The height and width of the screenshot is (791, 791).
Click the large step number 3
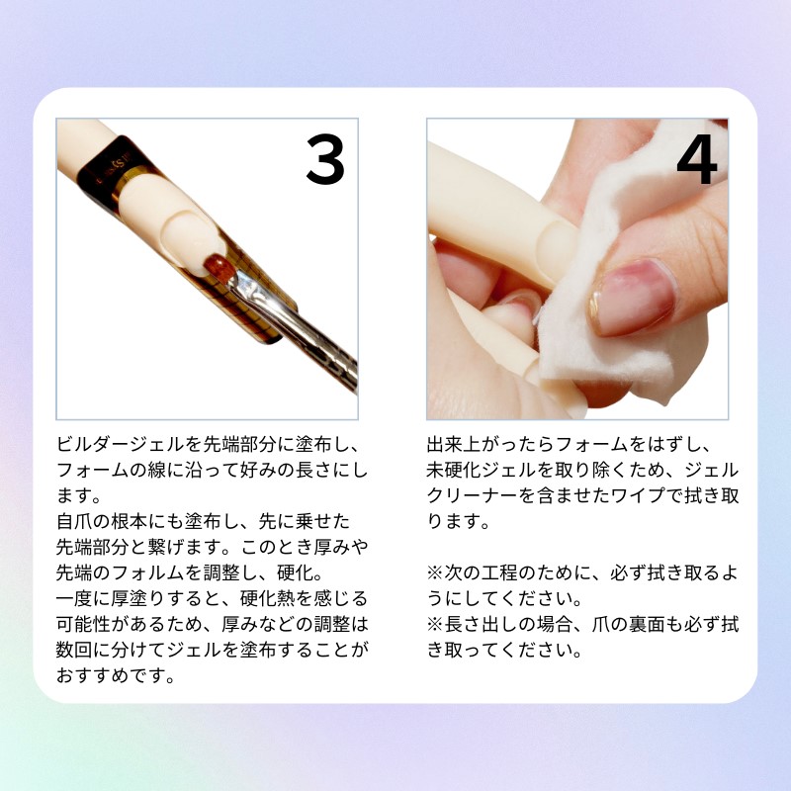[325, 159]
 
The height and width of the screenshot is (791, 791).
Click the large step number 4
[697, 159]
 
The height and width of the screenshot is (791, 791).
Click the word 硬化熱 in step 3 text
[267, 598]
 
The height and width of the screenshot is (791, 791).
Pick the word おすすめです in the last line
[111, 675]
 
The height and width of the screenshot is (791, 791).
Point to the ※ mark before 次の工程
[435, 572]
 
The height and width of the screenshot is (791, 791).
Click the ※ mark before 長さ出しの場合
[435, 624]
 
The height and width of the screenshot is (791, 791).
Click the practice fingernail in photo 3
[188, 235]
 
